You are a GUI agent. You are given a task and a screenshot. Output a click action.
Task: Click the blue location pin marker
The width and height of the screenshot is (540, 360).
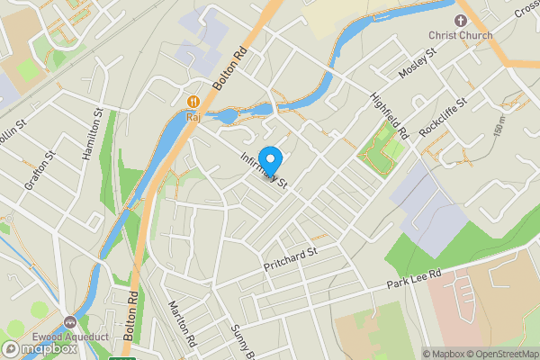(270, 157)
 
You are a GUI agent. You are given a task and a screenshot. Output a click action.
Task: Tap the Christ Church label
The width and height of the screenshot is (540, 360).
(462, 35)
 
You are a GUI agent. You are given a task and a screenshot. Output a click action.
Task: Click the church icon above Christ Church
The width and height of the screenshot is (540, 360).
(462, 19)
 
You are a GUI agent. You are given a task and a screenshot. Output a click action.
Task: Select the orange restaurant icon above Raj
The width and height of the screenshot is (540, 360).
(193, 101)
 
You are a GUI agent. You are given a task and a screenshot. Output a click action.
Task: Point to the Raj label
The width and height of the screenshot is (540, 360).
(192, 115)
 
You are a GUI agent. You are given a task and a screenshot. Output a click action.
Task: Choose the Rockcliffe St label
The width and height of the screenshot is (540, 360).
(445, 115)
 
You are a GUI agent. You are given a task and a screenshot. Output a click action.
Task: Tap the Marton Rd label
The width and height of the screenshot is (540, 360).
(181, 323)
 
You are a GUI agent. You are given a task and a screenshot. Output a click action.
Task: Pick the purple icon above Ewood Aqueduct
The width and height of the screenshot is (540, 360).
(71, 320)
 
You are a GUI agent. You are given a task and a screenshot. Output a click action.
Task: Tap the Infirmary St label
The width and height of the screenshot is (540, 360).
(264, 169)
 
